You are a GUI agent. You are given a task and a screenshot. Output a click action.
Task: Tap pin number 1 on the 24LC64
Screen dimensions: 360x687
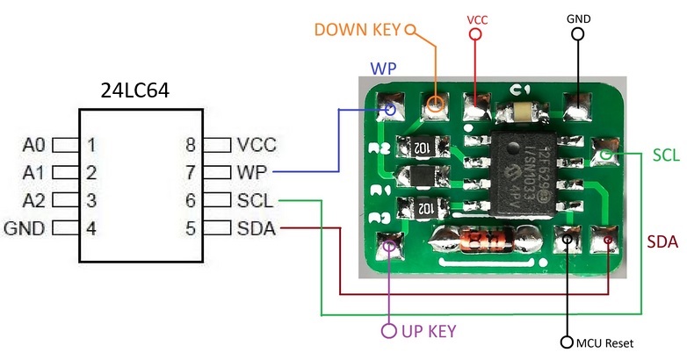pyautogui.click(x=90, y=144)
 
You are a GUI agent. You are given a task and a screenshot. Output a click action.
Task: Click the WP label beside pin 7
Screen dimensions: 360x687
pyautogui.click(x=254, y=172)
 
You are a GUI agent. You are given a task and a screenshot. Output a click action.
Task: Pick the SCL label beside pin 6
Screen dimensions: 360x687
pyautogui.click(x=257, y=200)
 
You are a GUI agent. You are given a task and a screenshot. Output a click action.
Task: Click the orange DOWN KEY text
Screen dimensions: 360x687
pyautogui.click(x=355, y=29)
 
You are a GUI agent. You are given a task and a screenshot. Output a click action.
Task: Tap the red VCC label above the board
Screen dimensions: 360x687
pyautogui.click(x=476, y=18)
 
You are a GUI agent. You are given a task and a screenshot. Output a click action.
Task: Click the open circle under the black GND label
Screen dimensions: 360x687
pyautogui.click(x=577, y=34)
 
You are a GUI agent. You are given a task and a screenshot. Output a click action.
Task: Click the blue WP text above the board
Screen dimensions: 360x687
pyautogui.click(x=381, y=68)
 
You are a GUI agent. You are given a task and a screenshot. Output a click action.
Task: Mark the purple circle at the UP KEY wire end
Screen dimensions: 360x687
pyautogui.click(x=387, y=331)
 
